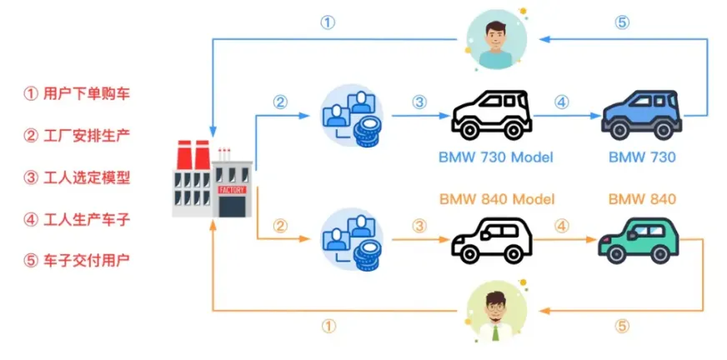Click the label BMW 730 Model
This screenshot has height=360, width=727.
(495, 157)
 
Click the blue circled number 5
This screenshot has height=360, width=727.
(622, 23)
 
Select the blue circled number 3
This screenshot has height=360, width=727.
(419, 102)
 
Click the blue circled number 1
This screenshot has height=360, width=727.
(328, 23)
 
